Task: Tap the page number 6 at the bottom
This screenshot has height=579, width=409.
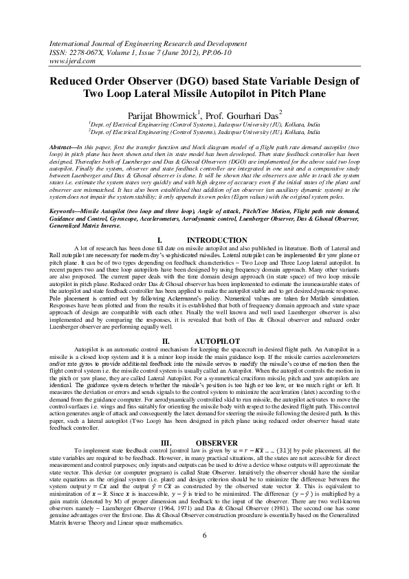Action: tap(204, 555)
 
